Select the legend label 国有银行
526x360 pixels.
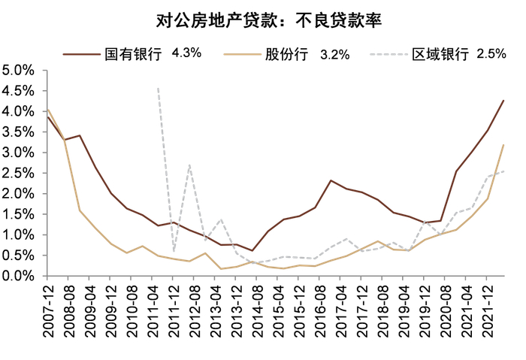(135, 54)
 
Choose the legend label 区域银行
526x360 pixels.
(440, 54)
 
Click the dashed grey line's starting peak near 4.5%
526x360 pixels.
(158, 88)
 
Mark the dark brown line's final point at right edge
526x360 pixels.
(503, 101)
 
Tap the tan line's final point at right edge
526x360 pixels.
(503, 145)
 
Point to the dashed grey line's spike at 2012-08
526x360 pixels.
(189, 164)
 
